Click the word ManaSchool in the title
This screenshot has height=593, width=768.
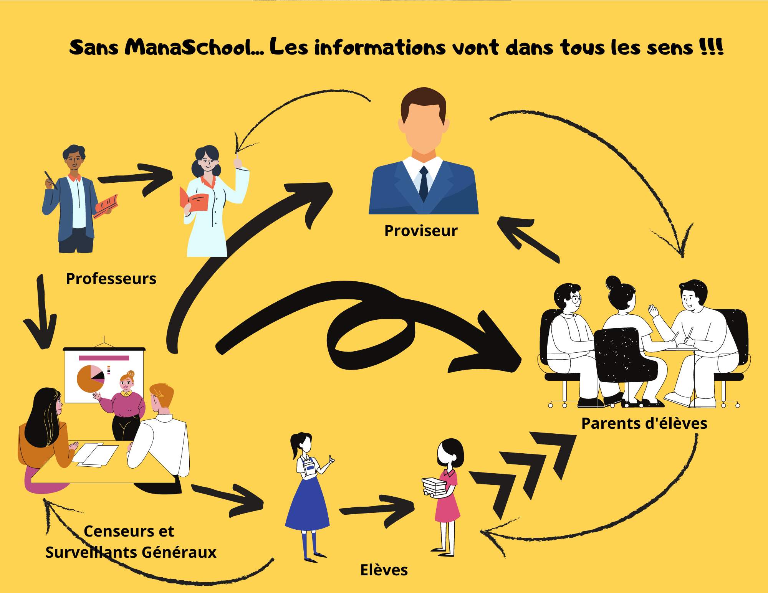(194, 48)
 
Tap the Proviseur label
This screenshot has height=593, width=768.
(421, 231)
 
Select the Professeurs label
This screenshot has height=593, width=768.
(111, 279)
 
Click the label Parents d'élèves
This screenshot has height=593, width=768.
(644, 423)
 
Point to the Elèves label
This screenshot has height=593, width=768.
(384, 570)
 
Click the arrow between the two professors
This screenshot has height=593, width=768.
(138, 178)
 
